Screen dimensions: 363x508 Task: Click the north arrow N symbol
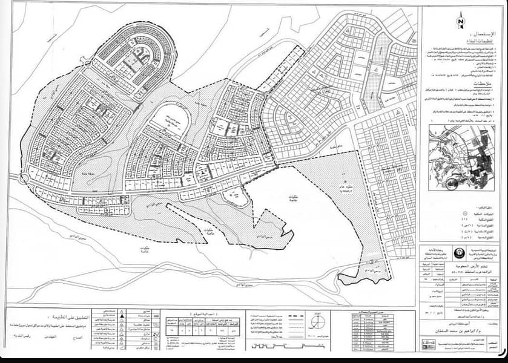pyautogui.click(x=461, y=21)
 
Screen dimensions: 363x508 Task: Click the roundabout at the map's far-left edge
pyautogui.click(x=24, y=177)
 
